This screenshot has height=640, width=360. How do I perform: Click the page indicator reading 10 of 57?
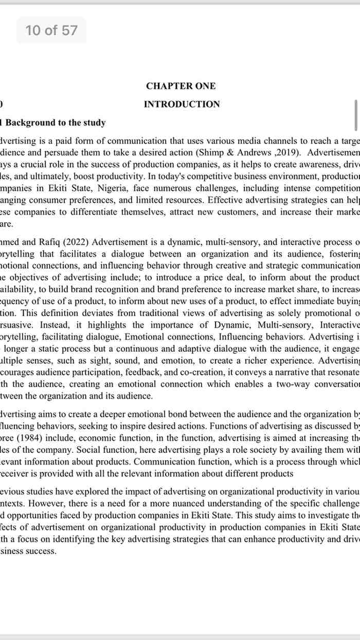click(x=51, y=30)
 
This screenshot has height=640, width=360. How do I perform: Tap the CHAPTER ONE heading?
click(x=181, y=86)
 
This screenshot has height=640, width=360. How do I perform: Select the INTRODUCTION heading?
click(x=182, y=104)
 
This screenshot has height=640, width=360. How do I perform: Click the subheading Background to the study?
click(x=56, y=122)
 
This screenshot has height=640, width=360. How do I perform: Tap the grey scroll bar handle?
click(x=355, y=115)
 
